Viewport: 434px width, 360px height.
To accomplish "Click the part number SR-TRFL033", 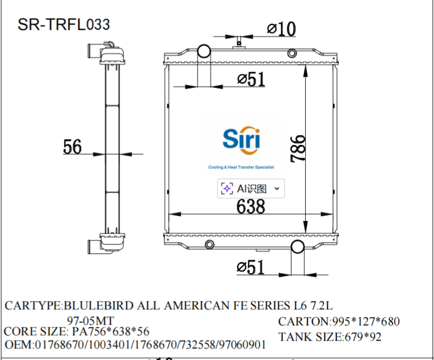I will (63, 24).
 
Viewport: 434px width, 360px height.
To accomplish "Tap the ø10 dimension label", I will (281, 29).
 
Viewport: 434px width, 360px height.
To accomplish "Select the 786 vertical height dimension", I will (297, 148).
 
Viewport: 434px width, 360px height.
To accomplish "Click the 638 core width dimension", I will (251, 206).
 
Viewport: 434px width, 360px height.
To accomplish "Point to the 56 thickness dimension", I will (72, 147).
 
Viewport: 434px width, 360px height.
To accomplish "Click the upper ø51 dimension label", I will (251, 80).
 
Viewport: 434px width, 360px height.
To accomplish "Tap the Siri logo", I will (241, 139).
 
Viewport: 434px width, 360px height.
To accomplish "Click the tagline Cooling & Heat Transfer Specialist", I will (241, 167).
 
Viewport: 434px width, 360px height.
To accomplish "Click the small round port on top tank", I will (292, 54).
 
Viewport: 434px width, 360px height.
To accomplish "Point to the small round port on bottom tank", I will (209, 245).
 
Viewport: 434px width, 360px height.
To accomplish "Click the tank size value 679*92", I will (362, 337).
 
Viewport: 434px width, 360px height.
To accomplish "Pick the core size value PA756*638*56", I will (111, 332).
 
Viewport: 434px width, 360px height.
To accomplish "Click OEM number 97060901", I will (243, 345).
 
